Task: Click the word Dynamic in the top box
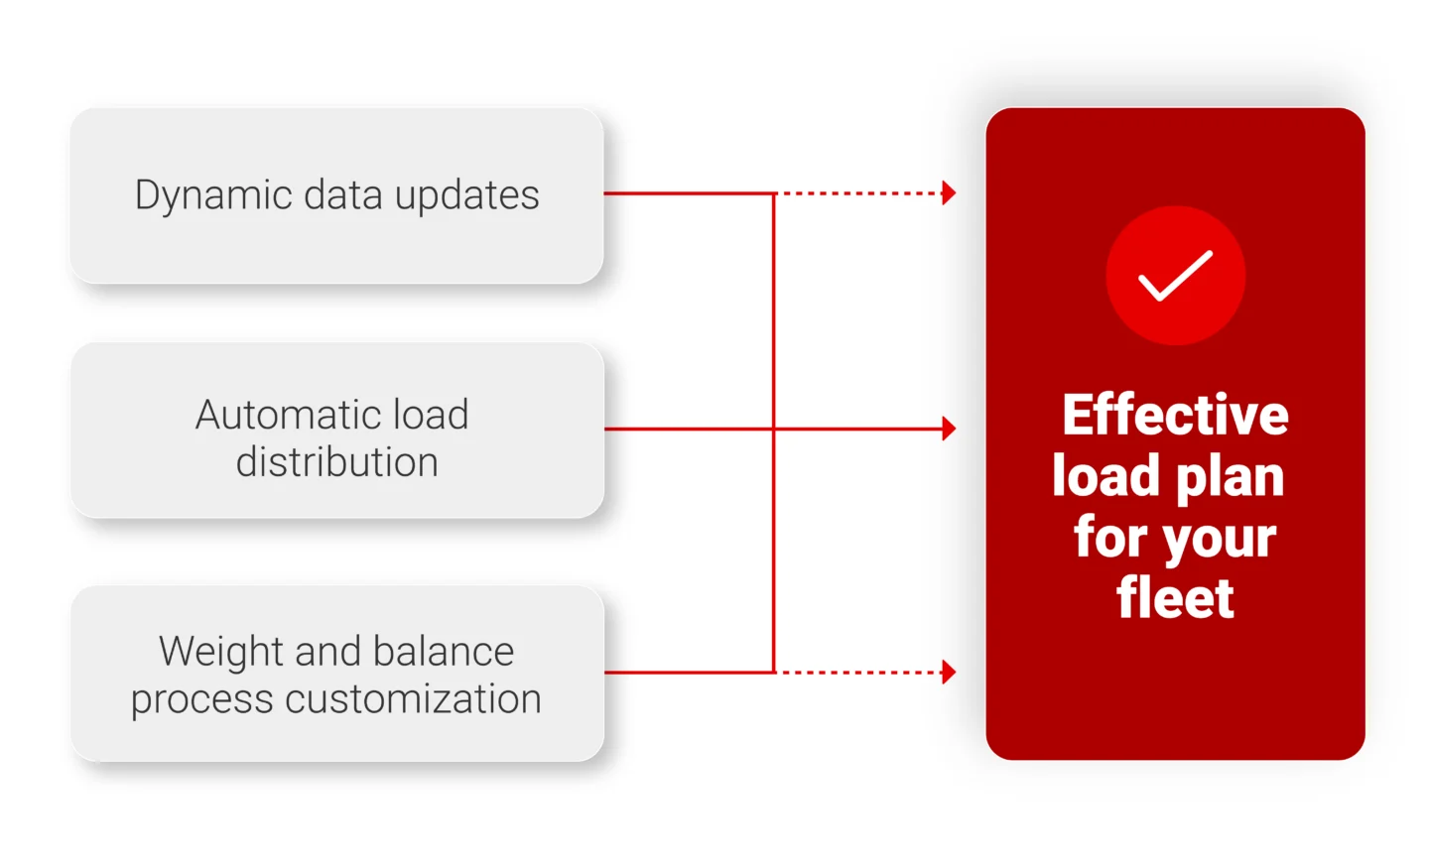213,195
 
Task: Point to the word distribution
336,462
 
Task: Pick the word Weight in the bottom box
221,652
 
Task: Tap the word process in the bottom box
201,700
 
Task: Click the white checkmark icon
1175,276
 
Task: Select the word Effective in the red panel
1175,415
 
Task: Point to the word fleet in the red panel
1175,597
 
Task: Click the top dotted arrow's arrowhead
949,192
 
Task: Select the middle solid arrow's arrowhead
949,429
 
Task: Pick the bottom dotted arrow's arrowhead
949,672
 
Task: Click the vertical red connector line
774,317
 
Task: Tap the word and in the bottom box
327,652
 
